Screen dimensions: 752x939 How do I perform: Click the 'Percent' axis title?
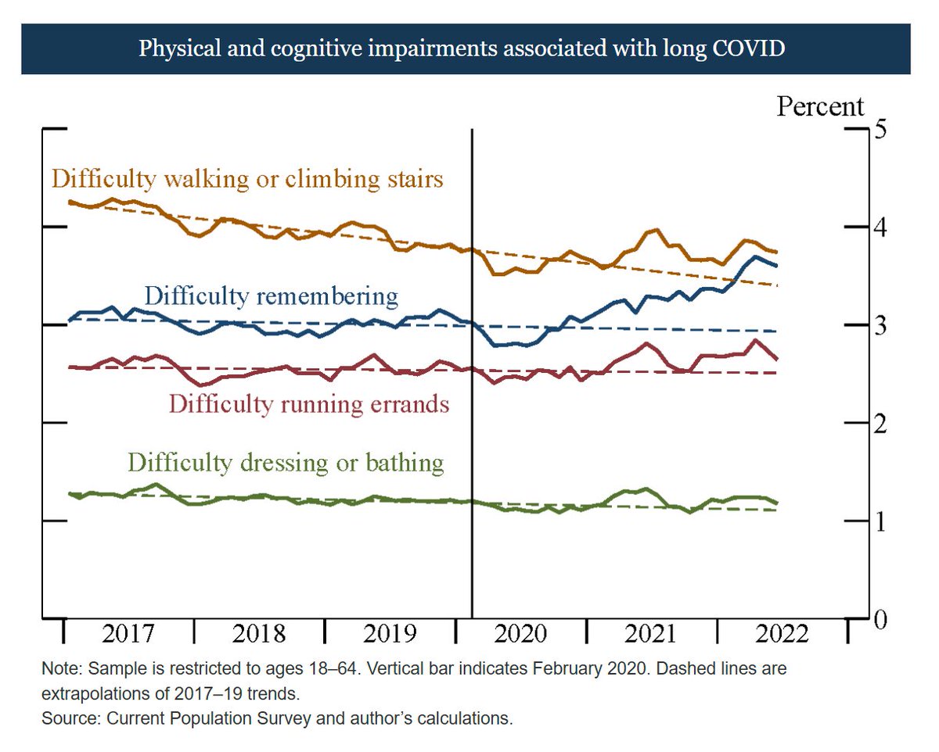pyautogui.click(x=820, y=106)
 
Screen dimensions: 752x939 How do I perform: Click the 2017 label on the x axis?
pyautogui.click(x=130, y=633)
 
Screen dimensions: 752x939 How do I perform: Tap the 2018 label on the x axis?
pyautogui.click(x=261, y=633)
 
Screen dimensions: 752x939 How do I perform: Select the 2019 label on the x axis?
pyautogui.click(x=391, y=633)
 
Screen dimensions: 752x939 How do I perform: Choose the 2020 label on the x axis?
pyautogui.click(x=522, y=633)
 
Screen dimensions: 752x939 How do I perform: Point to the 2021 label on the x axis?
pyautogui.click(x=652, y=633)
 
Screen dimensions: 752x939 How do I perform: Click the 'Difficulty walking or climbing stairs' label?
pyautogui.click(x=247, y=179)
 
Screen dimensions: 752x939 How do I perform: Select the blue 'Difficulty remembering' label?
pyautogui.click(x=272, y=296)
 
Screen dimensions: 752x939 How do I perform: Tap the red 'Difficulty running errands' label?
pyautogui.click(x=309, y=404)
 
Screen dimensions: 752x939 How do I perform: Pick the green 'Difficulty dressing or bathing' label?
pyautogui.click(x=286, y=462)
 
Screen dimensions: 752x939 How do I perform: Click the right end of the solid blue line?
pyautogui.click(x=775, y=266)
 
